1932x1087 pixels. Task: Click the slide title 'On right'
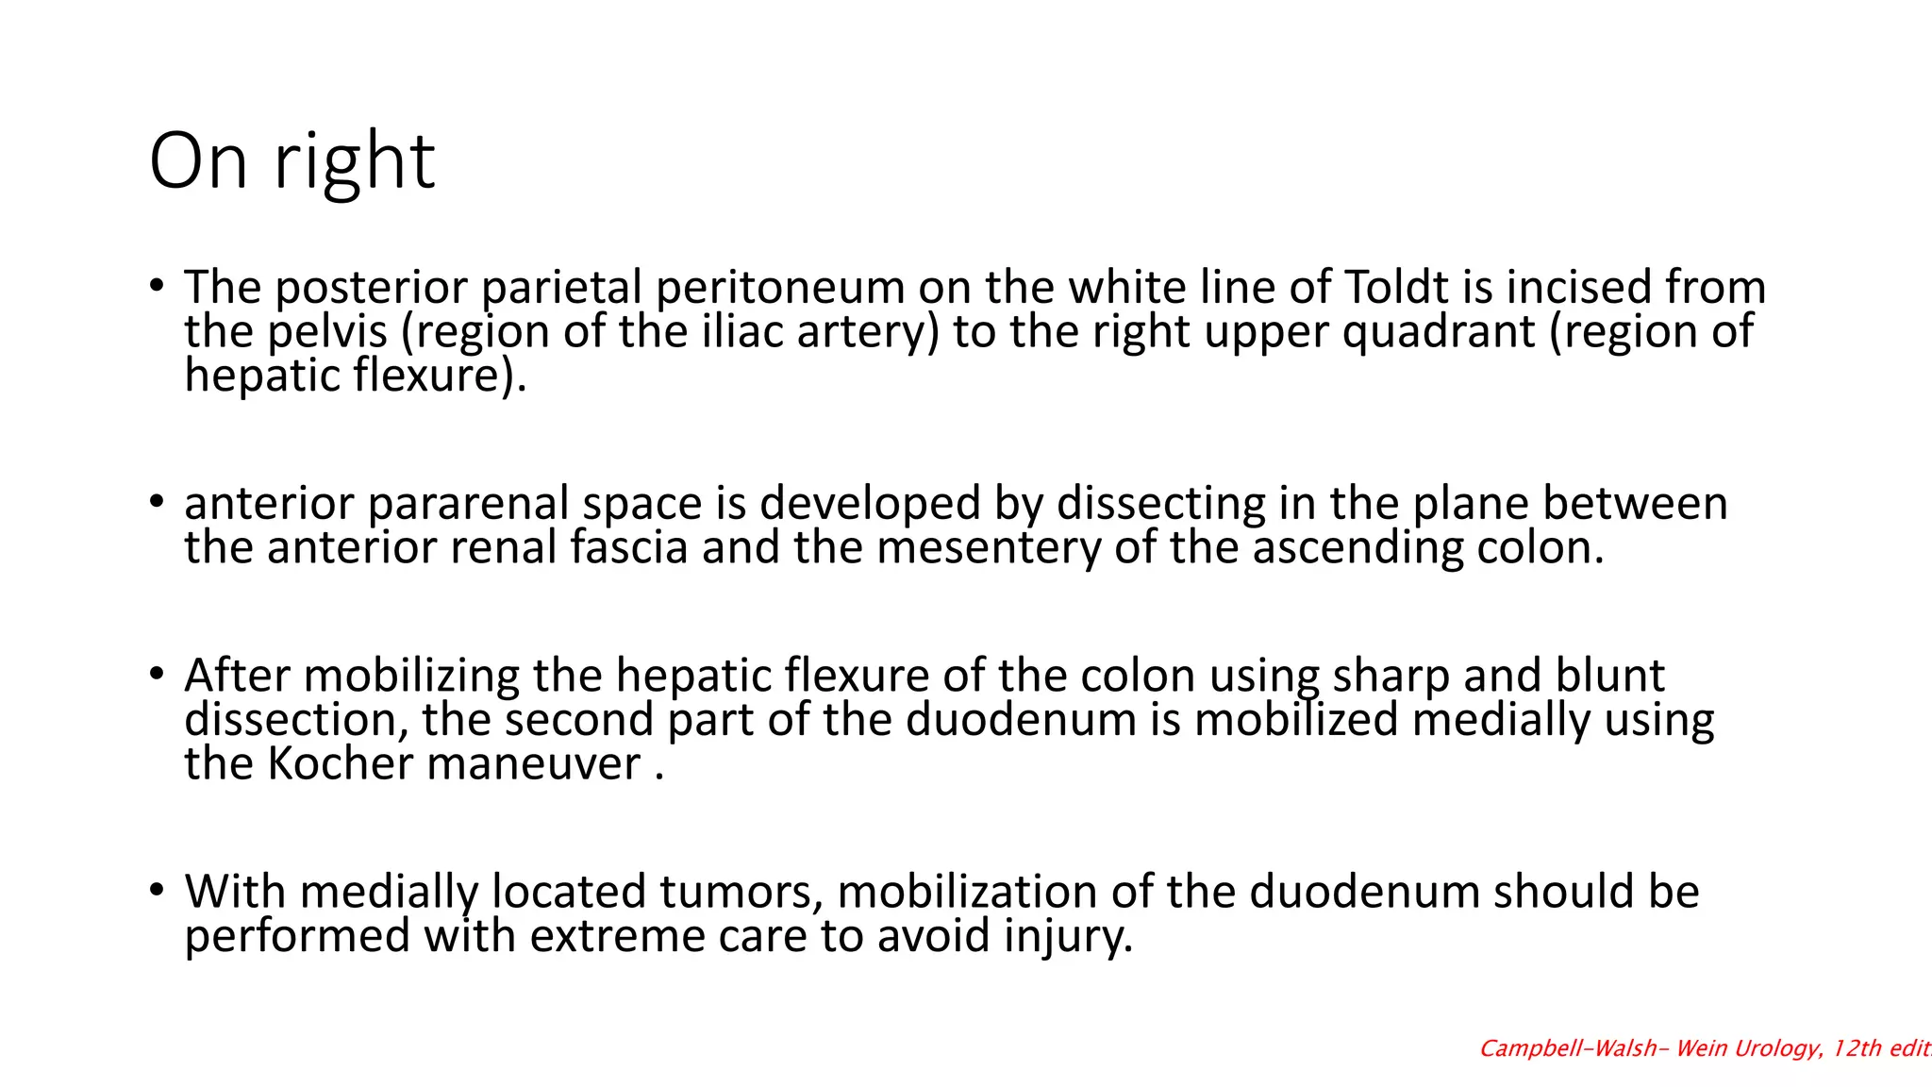291,161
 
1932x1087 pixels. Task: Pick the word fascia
628,547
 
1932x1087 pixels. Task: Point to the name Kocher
340,763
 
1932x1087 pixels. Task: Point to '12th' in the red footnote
1857,1048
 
